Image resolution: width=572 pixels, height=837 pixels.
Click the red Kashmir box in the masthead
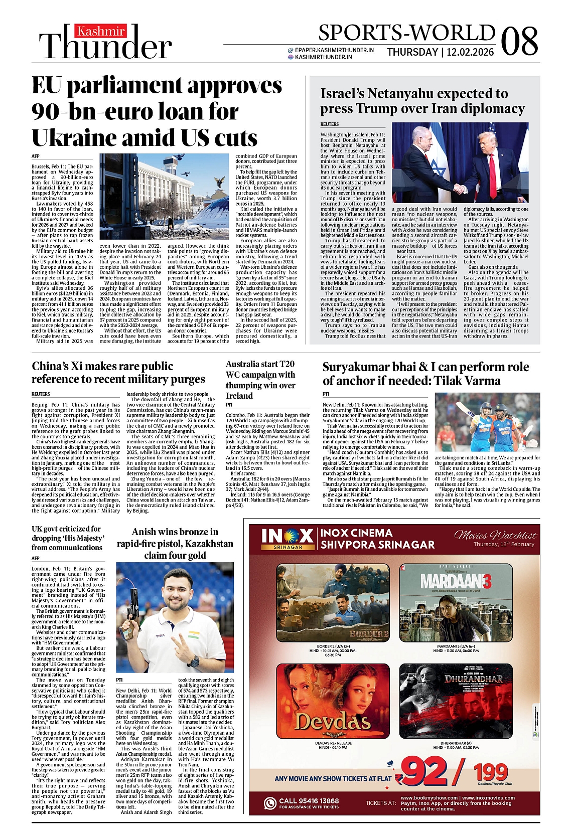pyautogui.click(x=101, y=32)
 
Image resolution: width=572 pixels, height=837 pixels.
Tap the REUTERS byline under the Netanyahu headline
pyautogui.click(x=330, y=124)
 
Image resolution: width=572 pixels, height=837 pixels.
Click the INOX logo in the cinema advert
pyautogui.click(x=288, y=537)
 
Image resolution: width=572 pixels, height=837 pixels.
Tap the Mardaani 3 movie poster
pyautogui.click(x=456, y=603)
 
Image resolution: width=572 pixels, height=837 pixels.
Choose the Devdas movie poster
pyautogui.click(x=333, y=702)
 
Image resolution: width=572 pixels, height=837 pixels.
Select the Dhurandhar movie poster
pyautogui.click(x=456, y=702)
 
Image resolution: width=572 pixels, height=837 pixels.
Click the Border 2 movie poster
pyautogui.click(x=333, y=603)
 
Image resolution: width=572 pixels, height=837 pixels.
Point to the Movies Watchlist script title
pyautogui.click(x=495, y=536)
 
